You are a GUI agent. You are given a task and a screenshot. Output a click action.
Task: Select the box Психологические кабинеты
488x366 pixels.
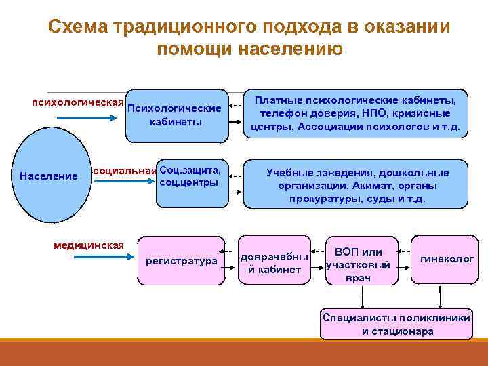point(175,115)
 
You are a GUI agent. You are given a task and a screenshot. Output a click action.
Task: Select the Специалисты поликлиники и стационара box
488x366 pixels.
point(396,325)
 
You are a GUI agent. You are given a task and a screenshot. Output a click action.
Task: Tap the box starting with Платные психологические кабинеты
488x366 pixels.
point(355,113)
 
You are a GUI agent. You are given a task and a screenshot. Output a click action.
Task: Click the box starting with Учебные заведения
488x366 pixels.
point(355,186)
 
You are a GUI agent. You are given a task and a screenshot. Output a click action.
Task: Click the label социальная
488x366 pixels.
point(124,171)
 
